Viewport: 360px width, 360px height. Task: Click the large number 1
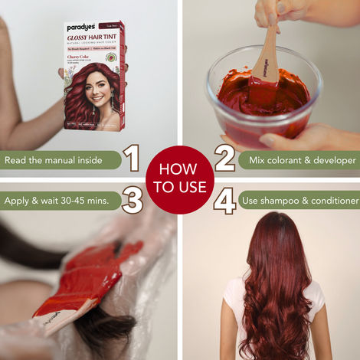point(133,160)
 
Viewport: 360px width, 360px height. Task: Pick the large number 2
point(224,159)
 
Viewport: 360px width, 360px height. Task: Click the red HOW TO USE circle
point(179,179)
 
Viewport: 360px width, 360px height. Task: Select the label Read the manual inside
point(60,161)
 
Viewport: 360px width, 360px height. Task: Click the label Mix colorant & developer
point(297,161)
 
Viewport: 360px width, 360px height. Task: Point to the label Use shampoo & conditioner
point(299,201)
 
